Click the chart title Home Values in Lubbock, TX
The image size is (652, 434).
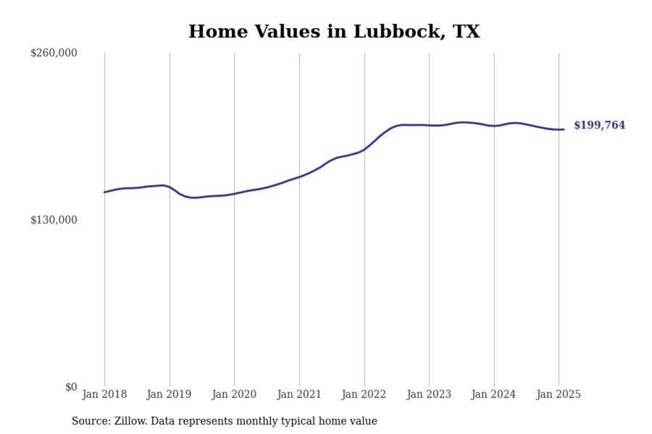(334, 32)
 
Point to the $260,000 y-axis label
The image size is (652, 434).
(54, 53)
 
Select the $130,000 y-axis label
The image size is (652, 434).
(54, 220)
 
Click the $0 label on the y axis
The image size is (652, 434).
(71, 387)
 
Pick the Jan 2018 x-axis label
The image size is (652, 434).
(105, 394)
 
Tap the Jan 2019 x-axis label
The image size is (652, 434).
(169, 394)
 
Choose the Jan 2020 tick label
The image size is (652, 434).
(234, 394)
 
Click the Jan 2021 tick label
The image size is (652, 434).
(299, 394)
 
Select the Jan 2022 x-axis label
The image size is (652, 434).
(364, 394)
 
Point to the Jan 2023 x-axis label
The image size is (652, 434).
(429, 394)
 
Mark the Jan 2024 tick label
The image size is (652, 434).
(494, 394)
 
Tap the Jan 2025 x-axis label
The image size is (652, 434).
(558, 394)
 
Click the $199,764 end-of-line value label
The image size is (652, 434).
(599, 125)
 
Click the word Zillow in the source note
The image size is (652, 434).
(130, 421)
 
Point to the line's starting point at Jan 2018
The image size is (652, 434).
(105, 192)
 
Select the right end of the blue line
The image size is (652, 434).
(564, 129)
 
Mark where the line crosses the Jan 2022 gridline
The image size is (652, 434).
(364, 149)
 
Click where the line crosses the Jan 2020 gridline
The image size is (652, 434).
(234, 194)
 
